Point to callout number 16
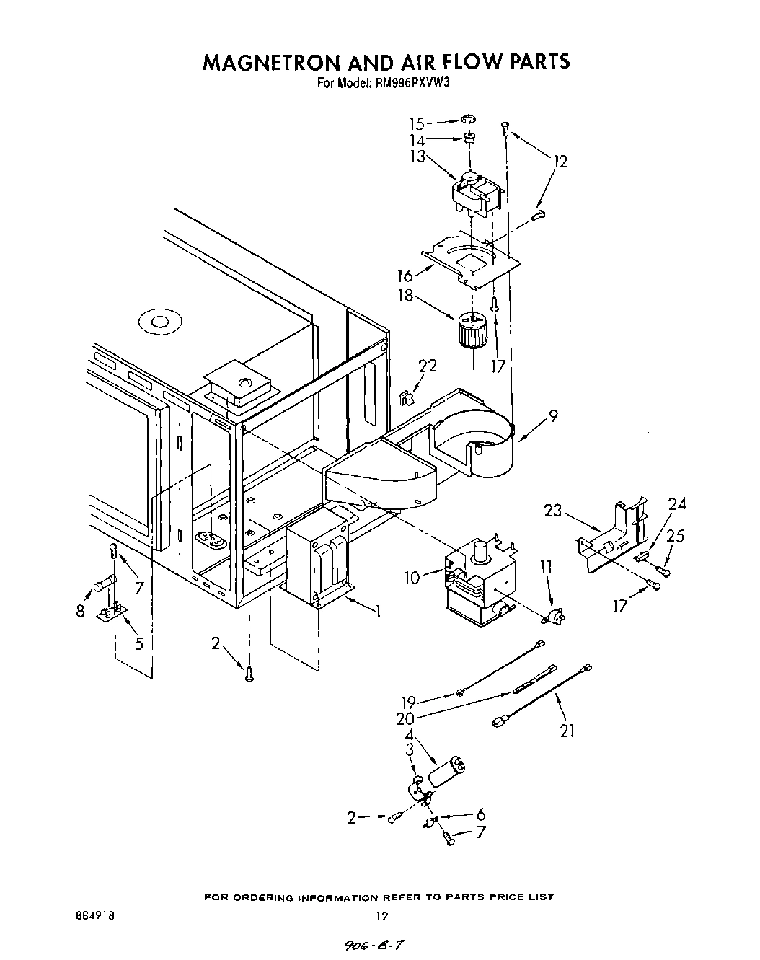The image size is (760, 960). point(405,276)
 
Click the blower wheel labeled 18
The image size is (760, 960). point(472,330)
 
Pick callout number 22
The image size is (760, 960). point(428,366)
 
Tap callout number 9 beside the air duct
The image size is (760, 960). point(552,416)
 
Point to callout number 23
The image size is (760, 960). point(553,511)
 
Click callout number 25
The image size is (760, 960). point(676,537)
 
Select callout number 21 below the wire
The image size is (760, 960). point(567,731)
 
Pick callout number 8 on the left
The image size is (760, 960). point(80,611)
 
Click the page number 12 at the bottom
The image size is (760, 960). point(382,916)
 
